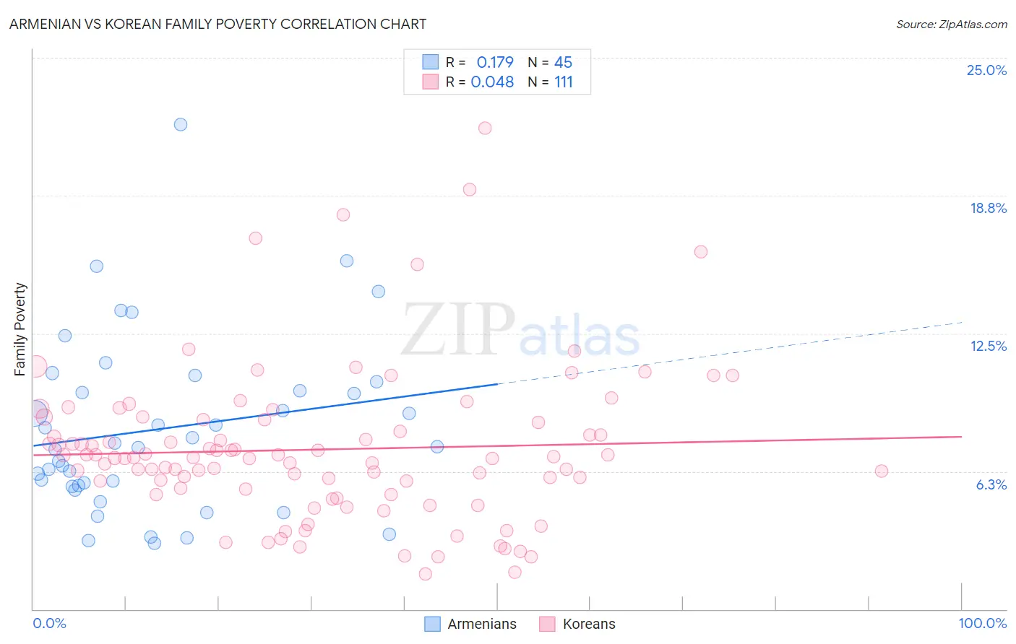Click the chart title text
tap(218, 24)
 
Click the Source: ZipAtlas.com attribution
tap(951, 24)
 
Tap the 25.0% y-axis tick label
tap(986, 70)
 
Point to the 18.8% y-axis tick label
tap(988, 208)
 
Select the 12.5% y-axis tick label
tap(988, 346)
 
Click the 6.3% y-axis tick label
tap(991, 484)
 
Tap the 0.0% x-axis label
tap(49, 623)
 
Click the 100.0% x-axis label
tap(982, 623)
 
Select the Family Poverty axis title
tap(20, 329)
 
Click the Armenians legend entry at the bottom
tap(481, 624)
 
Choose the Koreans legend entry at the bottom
tap(588, 624)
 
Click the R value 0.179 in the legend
tap(495, 62)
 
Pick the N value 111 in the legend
tap(564, 82)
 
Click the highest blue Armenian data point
tap(181, 124)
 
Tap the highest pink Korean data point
tap(485, 128)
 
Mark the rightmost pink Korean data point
tap(881, 471)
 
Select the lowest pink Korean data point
tap(425, 574)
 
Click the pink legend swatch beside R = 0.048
tap(431, 82)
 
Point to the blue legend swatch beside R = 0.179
tap(431, 62)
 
